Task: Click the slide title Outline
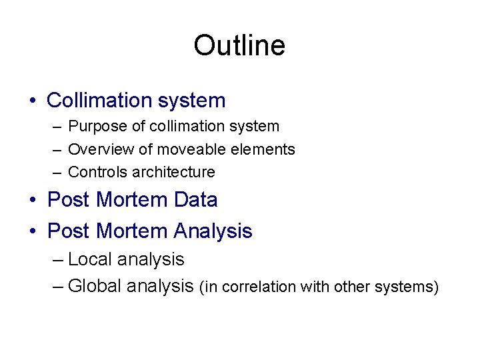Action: click(x=239, y=46)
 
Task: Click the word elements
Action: click(x=263, y=149)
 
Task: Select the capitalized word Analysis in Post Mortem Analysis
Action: click(x=213, y=231)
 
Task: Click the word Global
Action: click(x=95, y=286)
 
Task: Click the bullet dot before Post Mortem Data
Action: click(x=32, y=201)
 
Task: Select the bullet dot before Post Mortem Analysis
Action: click(x=32, y=232)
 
